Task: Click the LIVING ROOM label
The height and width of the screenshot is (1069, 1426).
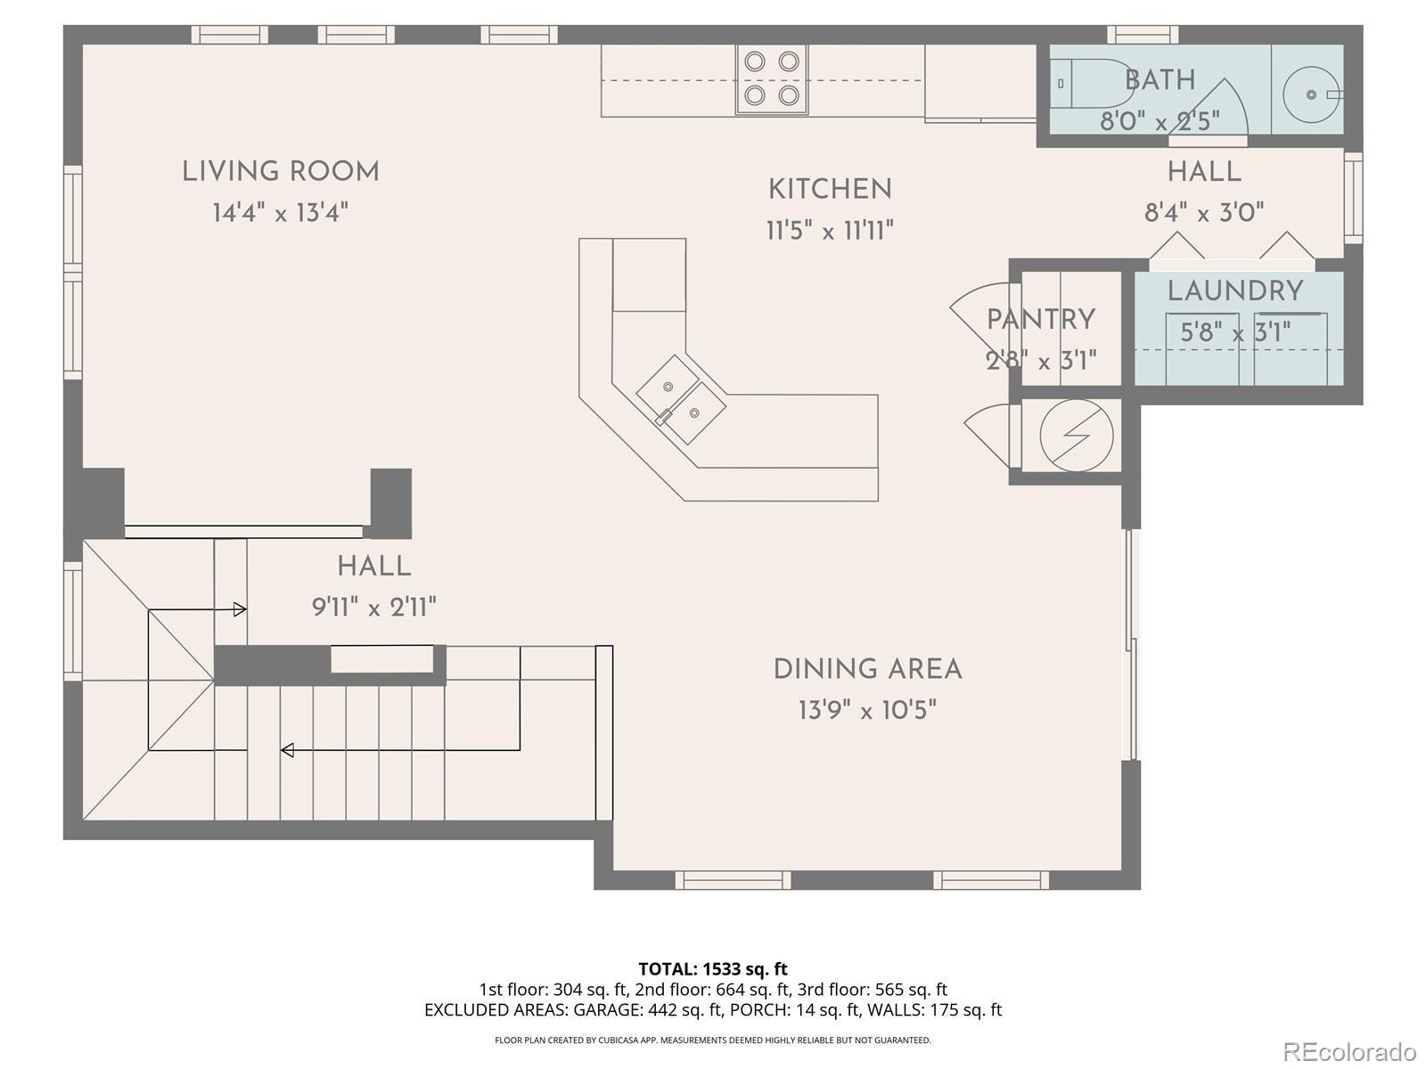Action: (x=281, y=172)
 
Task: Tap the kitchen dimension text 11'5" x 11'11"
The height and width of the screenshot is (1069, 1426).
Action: (x=831, y=231)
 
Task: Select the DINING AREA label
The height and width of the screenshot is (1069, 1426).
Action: (x=868, y=669)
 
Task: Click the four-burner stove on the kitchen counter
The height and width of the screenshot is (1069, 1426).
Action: (x=772, y=79)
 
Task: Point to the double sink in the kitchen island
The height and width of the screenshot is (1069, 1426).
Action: (x=681, y=399)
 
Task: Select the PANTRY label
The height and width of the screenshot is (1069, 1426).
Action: (x=1041, y=319)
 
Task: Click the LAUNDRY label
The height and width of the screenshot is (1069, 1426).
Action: (x=1235, y=291)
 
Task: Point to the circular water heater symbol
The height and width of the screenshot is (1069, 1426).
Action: (x=1077, y=436)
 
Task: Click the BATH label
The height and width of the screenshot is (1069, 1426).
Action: (x=1160, y=80)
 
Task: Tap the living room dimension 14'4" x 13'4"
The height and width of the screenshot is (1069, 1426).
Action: (x=281, y=213)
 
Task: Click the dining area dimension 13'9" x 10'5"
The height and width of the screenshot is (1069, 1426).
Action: (x=868, y=710)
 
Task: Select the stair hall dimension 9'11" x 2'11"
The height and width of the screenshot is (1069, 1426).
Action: (x=374, y=608)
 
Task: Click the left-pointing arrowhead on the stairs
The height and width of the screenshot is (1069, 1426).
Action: (x=287, y=750)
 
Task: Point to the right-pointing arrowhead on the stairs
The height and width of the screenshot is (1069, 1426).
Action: (x=240, y=609)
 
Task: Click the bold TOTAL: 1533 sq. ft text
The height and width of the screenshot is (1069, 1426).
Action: (x=713, y=969)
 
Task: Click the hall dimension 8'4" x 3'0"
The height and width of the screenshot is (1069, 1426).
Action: (x=1204, y=213)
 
